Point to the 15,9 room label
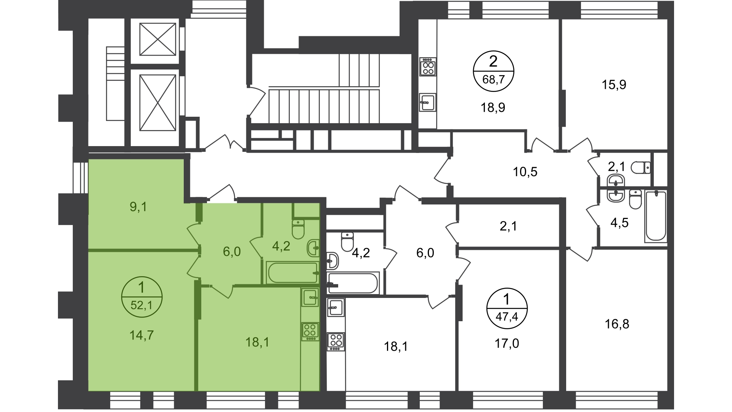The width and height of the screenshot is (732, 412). point(614,84)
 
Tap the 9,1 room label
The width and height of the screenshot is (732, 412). point(138,207)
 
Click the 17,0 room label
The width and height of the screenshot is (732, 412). point(507,344)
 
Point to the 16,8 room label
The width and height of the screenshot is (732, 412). point(617,324)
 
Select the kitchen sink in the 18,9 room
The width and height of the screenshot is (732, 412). point(428,102)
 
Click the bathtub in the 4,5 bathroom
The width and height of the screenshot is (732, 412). point(656,216)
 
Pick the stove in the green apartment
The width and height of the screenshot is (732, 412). point(310,332)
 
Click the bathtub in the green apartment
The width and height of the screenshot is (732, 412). point(293,273)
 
